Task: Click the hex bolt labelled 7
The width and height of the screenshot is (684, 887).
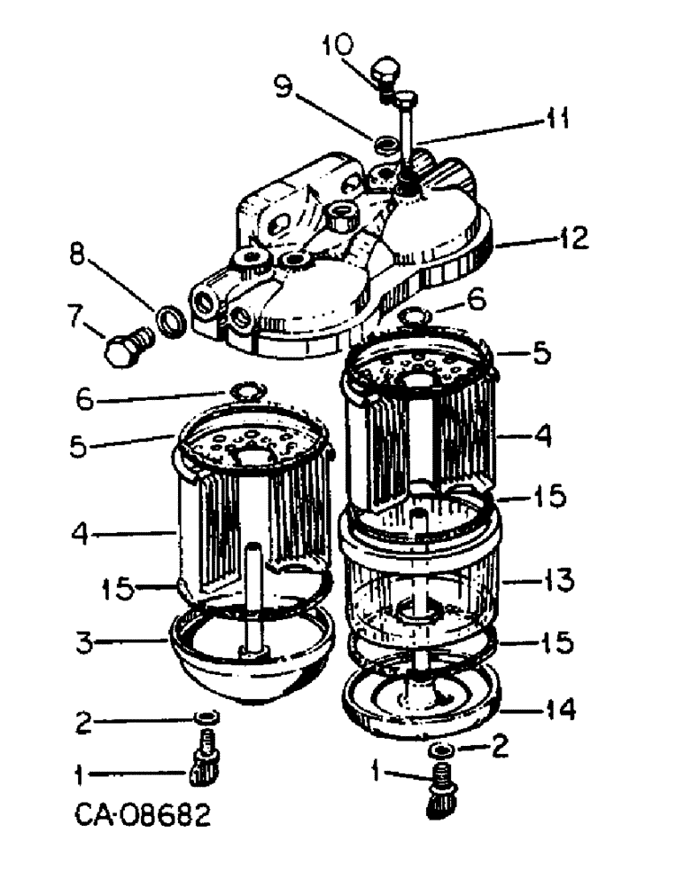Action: point(125,347)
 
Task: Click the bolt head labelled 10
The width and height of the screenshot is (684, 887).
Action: point(386,72)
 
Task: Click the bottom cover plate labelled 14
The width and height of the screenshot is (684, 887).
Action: point(420,701)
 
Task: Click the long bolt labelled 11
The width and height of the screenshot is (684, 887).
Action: point(408,133)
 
